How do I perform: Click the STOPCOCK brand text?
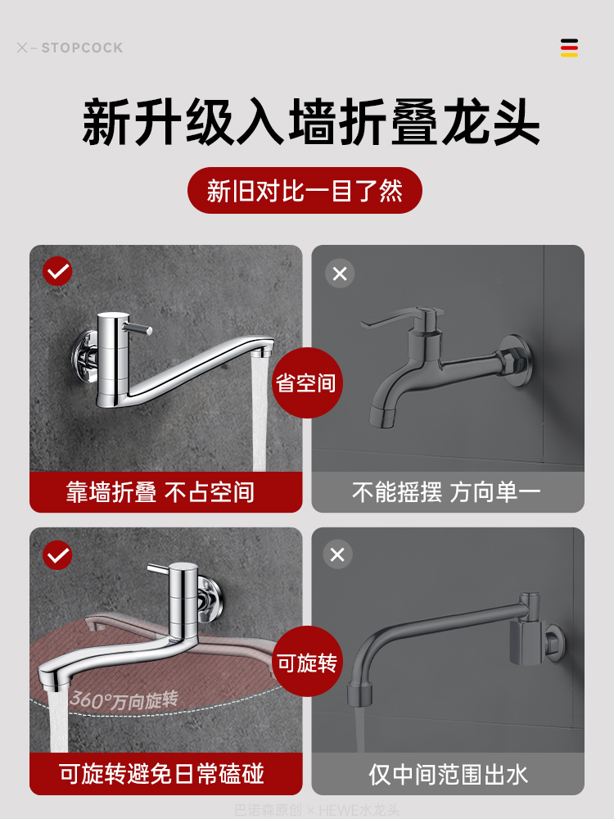(x=81, y=48)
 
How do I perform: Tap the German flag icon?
(x=569, y=48)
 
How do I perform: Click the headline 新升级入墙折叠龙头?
(x=311, y=123)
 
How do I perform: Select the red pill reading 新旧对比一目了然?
(x=305, y=191)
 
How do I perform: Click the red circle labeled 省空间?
(x=306, y=382)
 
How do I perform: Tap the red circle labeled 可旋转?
(x=306, y=662)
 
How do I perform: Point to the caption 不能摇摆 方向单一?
(x=447, y=492)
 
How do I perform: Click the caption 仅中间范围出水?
(x=448, y=773)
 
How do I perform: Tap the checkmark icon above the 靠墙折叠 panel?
(x=57, y=271)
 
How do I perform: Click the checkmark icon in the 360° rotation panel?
(x=57, y=555)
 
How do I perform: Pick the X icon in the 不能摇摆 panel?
(x=340, y=273)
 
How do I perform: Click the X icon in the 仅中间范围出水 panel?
(x=337, y=554)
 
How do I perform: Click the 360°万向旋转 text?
(x=124, y=699)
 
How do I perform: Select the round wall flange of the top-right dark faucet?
(x=517, y=359)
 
